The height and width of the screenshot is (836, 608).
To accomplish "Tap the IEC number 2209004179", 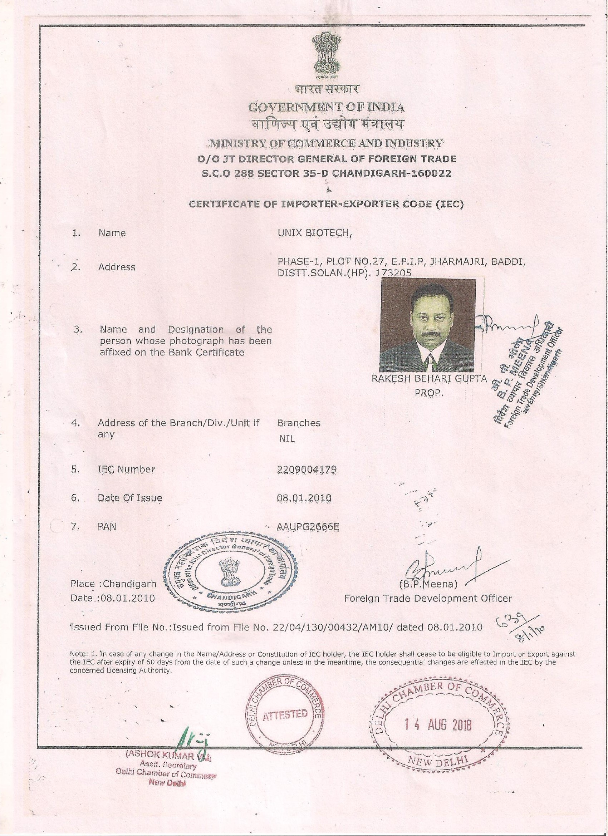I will pos(307,469).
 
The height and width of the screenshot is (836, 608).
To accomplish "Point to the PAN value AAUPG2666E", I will pos(308,527).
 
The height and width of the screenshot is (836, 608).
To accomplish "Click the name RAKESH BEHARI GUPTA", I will pos(430,379).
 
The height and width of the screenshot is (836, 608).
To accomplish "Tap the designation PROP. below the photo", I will pos(429,393).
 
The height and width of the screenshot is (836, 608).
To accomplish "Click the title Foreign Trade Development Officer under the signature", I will pos(428,599).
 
